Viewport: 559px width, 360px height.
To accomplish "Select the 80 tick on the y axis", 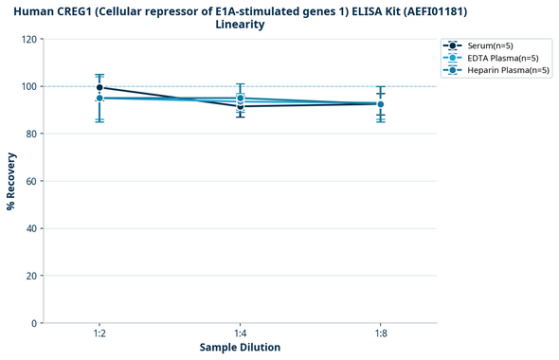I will pyautogui.click(x=30, y=134).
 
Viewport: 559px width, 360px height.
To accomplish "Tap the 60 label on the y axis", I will pyautogui.click(x=30, y=181).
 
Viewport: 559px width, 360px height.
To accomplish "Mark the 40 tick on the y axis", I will pyautogui.click(x=30, y=228).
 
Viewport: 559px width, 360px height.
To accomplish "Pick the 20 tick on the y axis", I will pyautogui.click(x=30, y=276).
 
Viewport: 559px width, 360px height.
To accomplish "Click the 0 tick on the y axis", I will pyautogui.click(x=33, y=323).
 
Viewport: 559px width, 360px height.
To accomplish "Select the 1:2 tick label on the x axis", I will pyautogui.click(x=99, y=334).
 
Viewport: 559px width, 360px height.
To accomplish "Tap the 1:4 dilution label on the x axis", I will pyautogui.click(x=240, y=334).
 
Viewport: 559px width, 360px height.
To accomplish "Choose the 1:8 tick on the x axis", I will pyautogui.click(x=381, y=334).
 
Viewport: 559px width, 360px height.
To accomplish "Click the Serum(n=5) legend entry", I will pyautogui.click(x=490, y=45).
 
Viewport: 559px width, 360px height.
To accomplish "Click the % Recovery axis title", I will pyautogui.click(x=11, y=181).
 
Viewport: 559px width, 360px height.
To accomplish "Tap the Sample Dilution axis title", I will pyautogui.click(x=240, y=348).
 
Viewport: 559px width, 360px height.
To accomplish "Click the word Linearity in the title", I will pyautogui.click(x=240, y=25).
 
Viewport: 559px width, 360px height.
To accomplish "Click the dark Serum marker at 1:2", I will pyautogui.click(x=99, y=87).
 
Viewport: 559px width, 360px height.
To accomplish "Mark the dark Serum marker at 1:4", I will pyautogui.click(x=240, y=106).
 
